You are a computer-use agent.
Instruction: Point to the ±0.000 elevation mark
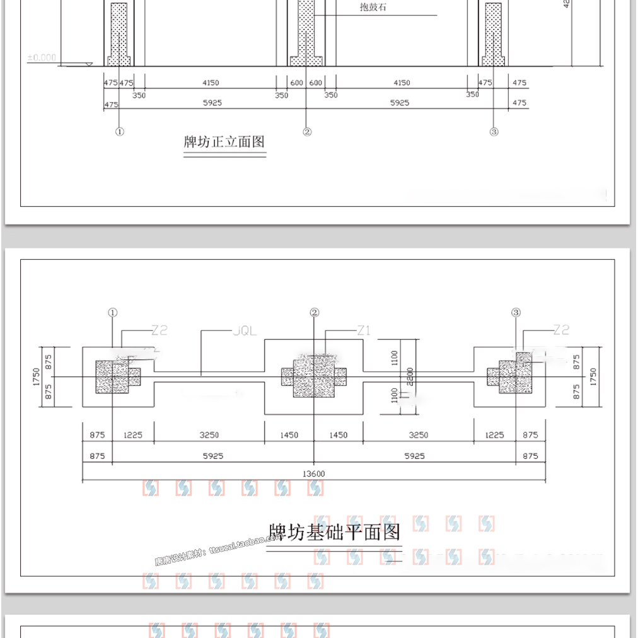pos(42,57)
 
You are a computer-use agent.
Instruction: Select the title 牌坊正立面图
pos(224,142)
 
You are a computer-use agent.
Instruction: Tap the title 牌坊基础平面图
pos(335,532)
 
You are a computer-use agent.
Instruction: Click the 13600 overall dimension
pos(314,474)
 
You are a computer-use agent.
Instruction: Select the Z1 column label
pos(363,330)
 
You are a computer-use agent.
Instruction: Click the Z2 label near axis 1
pos(159,330)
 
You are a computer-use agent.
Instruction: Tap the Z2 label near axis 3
pos(561,330)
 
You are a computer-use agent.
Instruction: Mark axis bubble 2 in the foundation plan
pos(315,312)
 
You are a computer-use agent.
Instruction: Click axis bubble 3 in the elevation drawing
pos(494,132)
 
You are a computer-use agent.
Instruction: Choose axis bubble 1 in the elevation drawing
pos(120,132)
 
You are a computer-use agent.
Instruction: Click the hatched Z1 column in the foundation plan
pos(314,376)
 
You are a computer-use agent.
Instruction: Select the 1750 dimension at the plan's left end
pos(37,376)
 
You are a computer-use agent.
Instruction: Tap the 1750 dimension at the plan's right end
pos(593,377)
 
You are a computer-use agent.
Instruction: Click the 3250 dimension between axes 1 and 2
pos(209,435)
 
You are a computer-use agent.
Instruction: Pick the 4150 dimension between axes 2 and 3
pos(401,83)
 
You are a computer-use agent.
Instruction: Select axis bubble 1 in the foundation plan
pos(112,312)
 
